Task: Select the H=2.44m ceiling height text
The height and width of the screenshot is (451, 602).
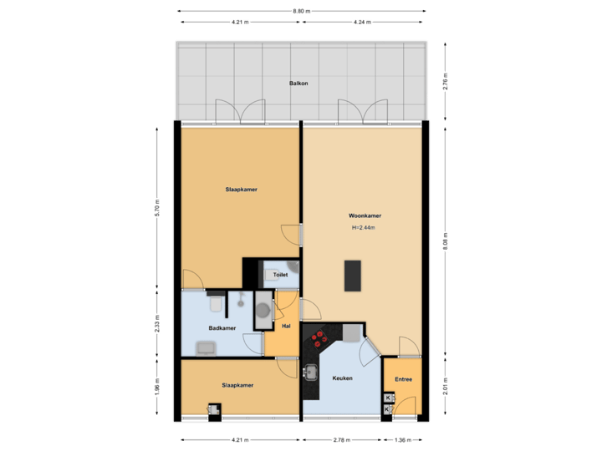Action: click(x=363, y=227)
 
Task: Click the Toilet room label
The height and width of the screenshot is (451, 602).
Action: click(x=281, y=274)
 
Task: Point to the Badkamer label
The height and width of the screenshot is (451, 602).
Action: click(x=222, y=328)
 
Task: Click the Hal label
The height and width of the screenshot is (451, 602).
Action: click(x=286, y=327)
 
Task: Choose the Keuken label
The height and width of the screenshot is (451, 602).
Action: click(x=342, y=378)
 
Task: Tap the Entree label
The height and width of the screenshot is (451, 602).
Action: click(x=402, y=378)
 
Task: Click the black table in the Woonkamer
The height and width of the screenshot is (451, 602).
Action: click(x=354, y=276)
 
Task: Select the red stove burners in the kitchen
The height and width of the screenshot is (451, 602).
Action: click(x=319, y=337)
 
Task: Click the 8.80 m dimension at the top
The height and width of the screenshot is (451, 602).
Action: click(x=301, y=12)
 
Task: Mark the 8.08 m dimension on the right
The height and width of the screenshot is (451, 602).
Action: click(x=446, y=242)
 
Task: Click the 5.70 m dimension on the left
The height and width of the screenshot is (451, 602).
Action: click(x=156, y=207)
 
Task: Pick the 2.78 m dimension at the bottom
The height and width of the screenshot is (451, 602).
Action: click(x=341, y=439)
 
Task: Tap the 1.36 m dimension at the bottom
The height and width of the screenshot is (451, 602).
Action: click(x=402, y=439)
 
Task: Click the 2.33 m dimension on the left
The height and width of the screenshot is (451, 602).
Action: click(x=156, y=323)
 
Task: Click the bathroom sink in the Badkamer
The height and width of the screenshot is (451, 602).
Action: click(x=206, y=347)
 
